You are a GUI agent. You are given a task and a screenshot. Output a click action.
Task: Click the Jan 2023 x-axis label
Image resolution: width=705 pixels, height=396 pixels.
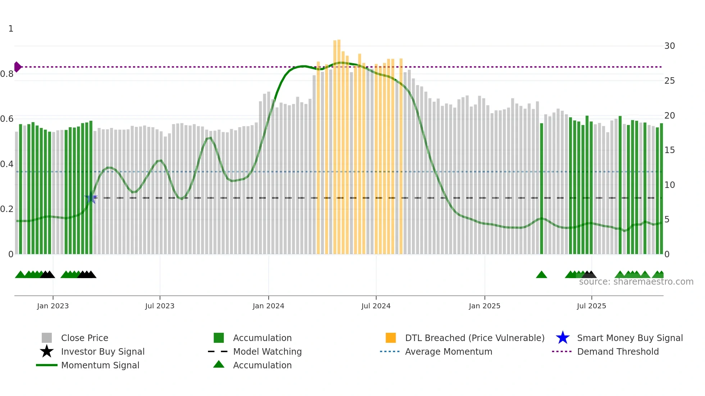[x=53, y=306]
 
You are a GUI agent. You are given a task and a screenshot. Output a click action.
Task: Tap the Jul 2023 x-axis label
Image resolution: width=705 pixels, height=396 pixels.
[x=160, y=306]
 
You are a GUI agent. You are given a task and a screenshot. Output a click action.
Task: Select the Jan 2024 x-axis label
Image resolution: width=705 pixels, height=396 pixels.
[x=268, y=306]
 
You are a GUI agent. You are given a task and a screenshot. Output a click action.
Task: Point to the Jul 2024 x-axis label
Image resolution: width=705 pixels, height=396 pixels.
[x=376, y=306]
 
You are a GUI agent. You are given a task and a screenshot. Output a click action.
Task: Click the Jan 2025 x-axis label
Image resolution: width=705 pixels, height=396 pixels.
[x=485, y=306]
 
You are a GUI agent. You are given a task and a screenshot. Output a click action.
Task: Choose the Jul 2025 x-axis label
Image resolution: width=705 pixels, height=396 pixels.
[x=591, y=306]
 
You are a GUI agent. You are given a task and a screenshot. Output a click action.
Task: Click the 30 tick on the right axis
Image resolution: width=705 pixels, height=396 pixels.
[x=669, y=46]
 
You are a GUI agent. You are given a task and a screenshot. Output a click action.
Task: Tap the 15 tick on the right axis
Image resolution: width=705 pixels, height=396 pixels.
[x=669, y=150]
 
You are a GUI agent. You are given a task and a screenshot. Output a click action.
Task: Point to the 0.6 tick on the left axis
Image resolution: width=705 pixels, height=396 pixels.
[x=7, y=119]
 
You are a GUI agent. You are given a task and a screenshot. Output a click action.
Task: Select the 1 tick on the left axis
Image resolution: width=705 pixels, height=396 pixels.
[x=11, y=29]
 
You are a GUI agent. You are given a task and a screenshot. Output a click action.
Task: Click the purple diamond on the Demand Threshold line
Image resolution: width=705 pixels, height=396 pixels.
[x=17, y=67]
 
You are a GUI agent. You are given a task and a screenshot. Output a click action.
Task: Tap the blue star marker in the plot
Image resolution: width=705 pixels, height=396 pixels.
[x=91, y=198]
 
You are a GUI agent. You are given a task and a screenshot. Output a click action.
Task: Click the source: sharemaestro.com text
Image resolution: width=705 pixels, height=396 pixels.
[x=636, y=282]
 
